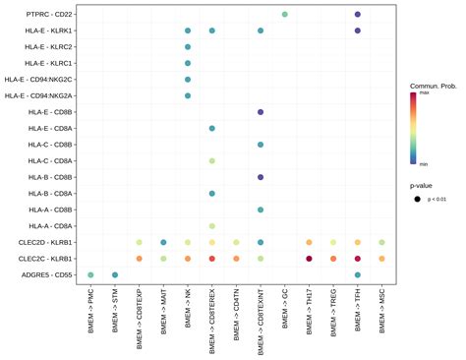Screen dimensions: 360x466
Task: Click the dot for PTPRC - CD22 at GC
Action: (285, 15)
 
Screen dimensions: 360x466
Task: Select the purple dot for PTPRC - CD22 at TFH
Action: (358, 15)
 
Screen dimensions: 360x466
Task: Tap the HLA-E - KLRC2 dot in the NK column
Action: (188, 47)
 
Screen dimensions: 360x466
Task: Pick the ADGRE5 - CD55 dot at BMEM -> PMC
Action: (91, 274)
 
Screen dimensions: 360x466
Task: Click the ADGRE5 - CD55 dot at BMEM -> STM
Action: (115, 274)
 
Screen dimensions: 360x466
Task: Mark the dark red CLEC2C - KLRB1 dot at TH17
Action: (310, 259)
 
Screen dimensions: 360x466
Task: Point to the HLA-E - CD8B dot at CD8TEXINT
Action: (261, 112)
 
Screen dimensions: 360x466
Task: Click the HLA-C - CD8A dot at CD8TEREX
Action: (212, 160)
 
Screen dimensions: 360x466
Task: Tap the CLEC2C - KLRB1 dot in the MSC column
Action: (381, 259)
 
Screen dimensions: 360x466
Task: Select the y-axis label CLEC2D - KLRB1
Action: (46, 242)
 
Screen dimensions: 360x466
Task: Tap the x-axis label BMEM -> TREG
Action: (334, 316)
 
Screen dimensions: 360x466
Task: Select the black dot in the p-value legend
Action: (418, 200)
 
